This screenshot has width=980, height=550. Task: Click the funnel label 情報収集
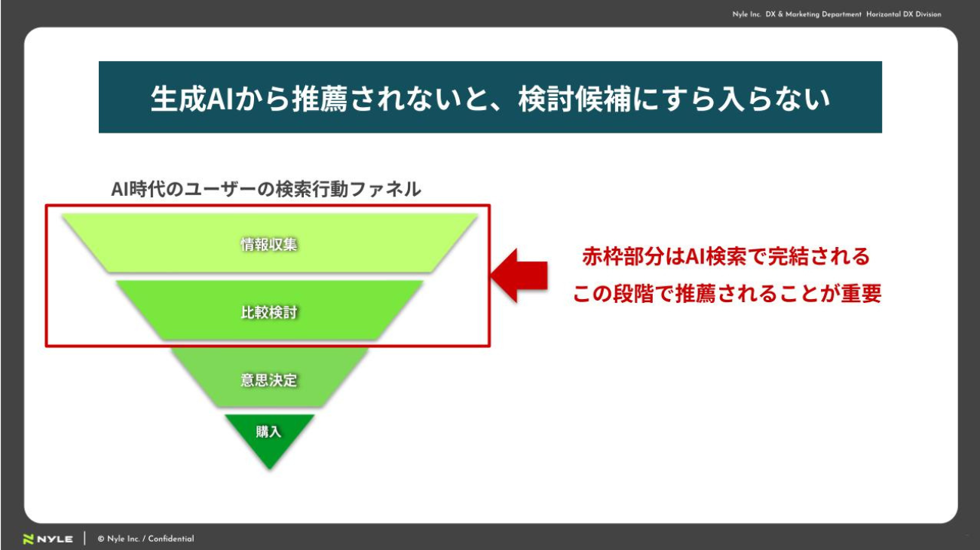point(268,244)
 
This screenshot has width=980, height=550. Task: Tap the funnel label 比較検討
point(268,312)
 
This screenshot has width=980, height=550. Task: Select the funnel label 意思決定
point(268,380)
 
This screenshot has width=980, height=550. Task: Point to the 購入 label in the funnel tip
point(268,432)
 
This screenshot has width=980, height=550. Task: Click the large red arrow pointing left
point(519,276)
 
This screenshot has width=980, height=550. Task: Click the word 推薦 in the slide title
point(320,99)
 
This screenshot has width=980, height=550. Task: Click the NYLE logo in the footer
point(48,539)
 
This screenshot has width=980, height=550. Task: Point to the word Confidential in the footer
point(171,539)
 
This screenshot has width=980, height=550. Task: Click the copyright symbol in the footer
point(100,539)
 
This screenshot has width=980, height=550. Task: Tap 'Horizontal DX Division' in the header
point(903,14)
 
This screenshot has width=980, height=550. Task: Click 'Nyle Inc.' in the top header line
point(747,14)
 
